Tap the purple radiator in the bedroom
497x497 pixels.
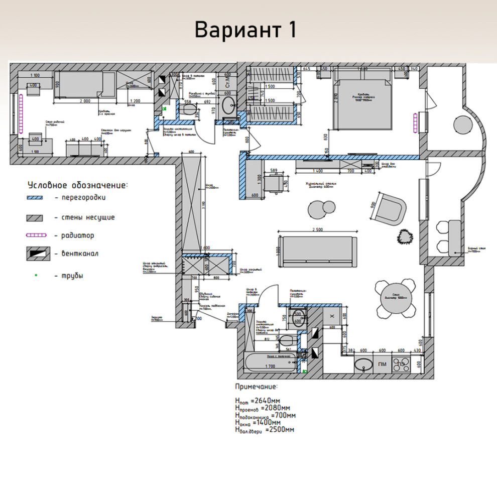click(415, 123)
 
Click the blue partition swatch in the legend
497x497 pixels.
click(38, 198)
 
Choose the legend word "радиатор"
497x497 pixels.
click(77, 235)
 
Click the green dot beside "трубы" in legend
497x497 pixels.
click(36, 275)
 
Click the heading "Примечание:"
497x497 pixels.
click(256, 387)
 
